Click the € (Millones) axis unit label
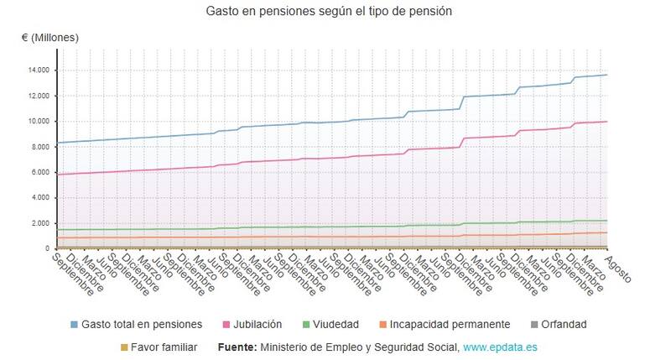50,38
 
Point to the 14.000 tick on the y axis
39,70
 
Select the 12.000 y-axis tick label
39,96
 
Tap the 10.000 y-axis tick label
39,121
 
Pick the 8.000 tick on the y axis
40,147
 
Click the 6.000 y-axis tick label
40,172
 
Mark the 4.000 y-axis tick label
40,198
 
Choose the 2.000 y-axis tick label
40,223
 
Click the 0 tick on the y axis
48,249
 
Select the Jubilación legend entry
256,324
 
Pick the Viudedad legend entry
336,324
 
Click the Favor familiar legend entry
166,347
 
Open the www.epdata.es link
500,347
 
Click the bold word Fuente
237,347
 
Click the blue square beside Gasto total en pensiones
75,324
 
